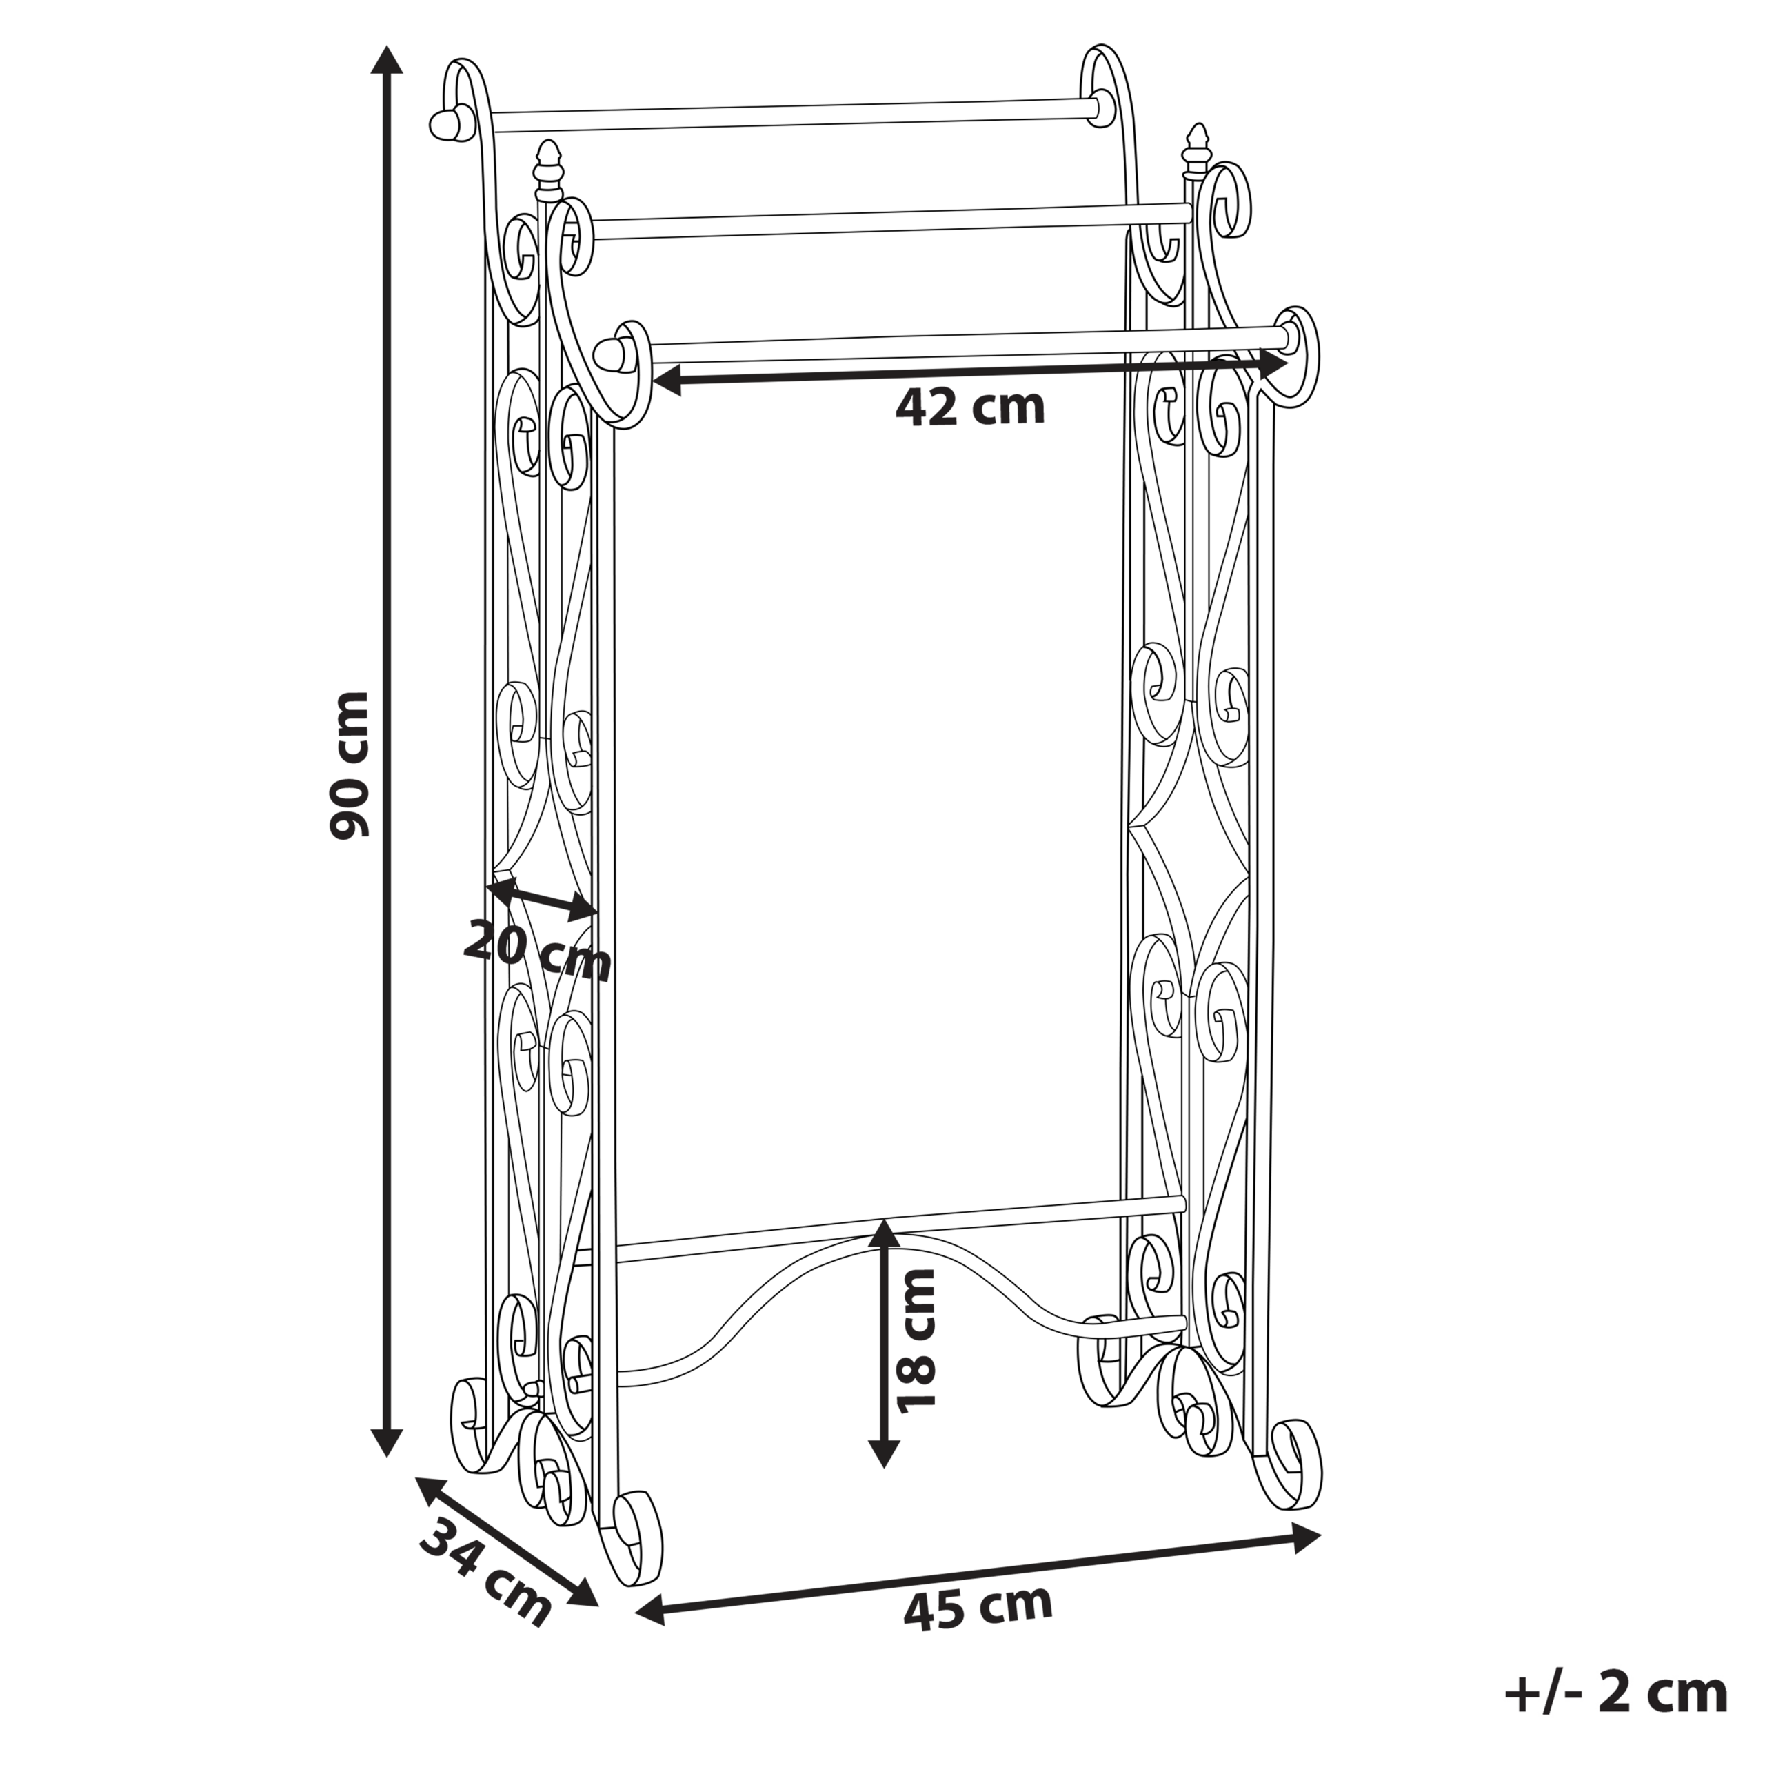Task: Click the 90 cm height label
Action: point(349,765)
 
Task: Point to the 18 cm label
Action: point(916,1341)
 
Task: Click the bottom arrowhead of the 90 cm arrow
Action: point(388,1440)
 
